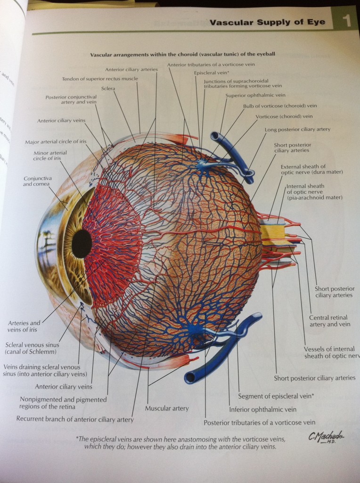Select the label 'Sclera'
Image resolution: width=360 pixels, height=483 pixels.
(x=109, y=88)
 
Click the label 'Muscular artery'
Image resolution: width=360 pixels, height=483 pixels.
(x=167, y=408)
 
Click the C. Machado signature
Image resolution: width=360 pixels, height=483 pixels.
(x=327, y=438)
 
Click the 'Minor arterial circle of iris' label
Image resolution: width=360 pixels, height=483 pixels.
(x=50, y=156)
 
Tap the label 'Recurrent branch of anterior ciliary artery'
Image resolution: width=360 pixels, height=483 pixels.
(x=75, y=419)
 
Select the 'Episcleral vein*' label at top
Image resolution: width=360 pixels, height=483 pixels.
(x=212, y=73)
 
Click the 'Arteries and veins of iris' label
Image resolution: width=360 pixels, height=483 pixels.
(x=24, y=326)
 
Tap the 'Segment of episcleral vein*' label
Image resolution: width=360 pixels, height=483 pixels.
(x=276, y=396)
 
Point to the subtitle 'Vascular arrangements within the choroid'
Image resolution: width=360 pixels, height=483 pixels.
(x=183, y=54)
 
